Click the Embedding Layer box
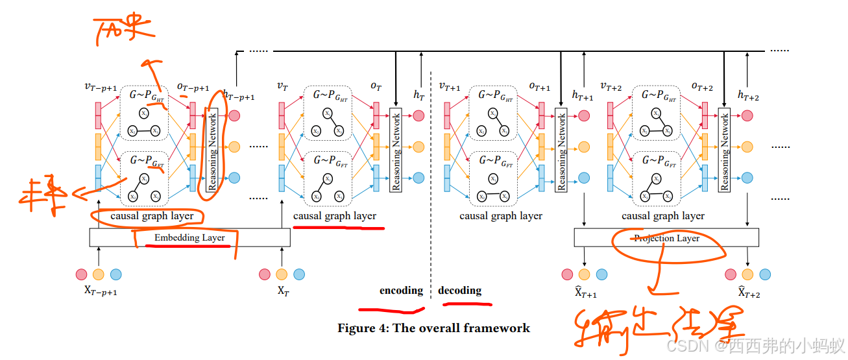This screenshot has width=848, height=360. point(189,238)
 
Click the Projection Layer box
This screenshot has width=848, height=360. point(666,238)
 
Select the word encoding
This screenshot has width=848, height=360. point(401,291)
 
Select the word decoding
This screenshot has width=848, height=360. point(459,291)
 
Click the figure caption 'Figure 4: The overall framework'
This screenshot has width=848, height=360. point(433,328)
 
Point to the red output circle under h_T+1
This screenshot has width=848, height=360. point(584,115)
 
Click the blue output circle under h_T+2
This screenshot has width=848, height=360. point(747,178)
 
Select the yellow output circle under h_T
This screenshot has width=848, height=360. point(418,147)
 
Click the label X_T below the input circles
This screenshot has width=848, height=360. point(283,291)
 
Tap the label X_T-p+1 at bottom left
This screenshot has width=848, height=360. point(101,291)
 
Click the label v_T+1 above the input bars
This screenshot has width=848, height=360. point(449,86)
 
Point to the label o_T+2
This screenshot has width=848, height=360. point(702,86)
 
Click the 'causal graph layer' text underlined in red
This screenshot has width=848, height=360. point(334,216)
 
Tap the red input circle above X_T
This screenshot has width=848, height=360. point(264,274)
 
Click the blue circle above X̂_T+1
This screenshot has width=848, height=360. point(601,274)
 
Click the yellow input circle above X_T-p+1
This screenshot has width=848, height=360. point(99,274)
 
